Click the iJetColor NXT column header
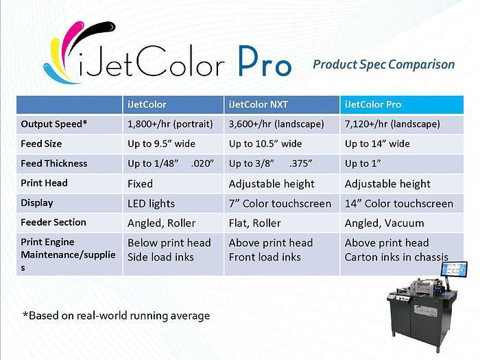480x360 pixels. click(258, 105)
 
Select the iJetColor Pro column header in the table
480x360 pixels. click(373, 105)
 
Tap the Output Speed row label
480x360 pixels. click(54, 124)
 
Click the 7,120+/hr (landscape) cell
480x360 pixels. click(392, 124)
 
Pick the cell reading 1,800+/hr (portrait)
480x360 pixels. click(170, 124)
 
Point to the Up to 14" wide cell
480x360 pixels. click(377, 144)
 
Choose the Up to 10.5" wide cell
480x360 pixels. click(265, 144)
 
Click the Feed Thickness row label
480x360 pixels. click(54, 163)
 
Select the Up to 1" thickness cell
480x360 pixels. click(363, 163)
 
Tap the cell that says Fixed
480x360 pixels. click(140, 184)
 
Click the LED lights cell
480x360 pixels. click(151, 204)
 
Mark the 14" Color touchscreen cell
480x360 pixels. click(399, 204)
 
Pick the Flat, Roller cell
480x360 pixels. click(254, 223)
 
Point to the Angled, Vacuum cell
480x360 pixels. click(384, 223)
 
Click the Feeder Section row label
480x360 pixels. click(53, 222)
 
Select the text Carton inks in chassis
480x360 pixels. click(396, 257)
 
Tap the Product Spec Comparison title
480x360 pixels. click(383, 64)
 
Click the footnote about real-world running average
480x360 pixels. click(117, 315)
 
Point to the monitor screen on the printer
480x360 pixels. click(454, 269)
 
